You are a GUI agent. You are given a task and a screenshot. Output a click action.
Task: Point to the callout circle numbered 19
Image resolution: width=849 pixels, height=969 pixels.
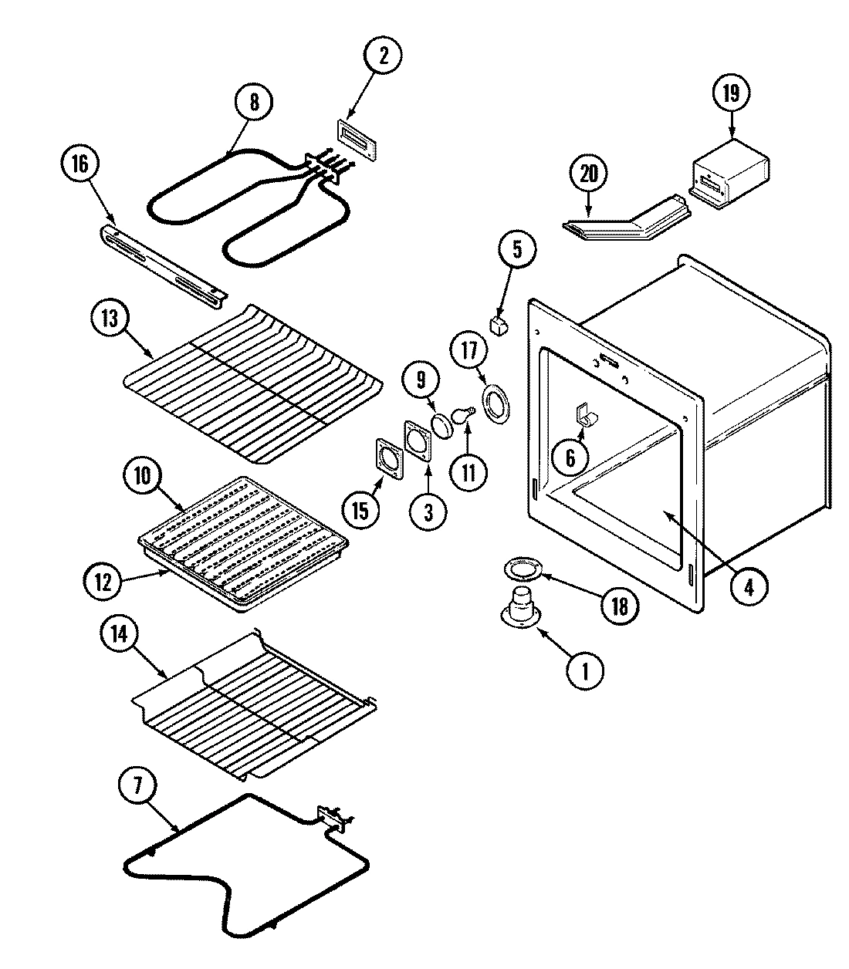[x=730, y=93]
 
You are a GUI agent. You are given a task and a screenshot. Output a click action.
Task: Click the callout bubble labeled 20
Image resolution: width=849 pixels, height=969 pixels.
[x=589, y=174]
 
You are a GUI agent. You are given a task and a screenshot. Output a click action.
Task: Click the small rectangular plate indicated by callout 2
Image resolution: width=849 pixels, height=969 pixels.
[x=357, y=142]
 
